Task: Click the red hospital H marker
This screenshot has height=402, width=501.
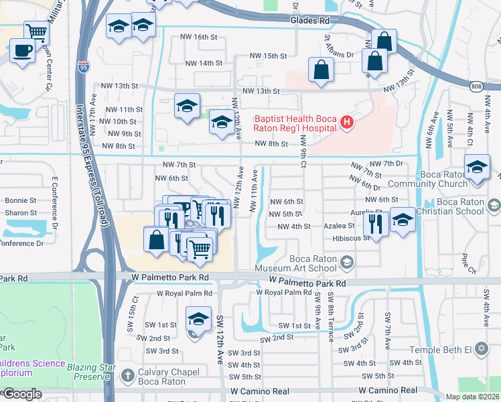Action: [346, 122]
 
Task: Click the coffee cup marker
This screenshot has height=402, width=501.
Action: [22, 50]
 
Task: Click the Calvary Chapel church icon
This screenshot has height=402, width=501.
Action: [128, 376]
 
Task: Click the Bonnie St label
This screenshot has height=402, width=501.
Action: [20, 200]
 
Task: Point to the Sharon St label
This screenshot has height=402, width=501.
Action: [20, 212]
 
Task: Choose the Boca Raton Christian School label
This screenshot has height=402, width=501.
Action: [461, 206]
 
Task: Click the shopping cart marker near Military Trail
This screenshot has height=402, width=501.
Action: [36, 31]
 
